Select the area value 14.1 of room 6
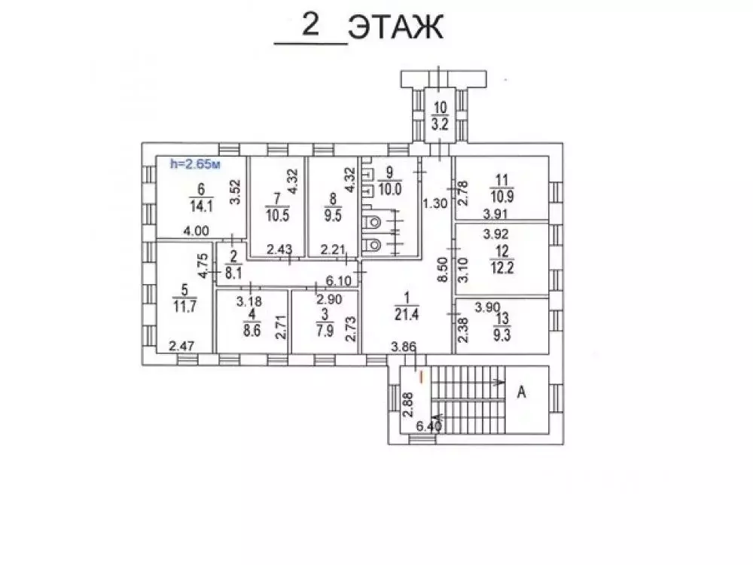click(x=201, y=201)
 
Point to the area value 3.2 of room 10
click(x=441, y=126)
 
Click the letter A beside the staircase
click(x=520, y=392)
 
